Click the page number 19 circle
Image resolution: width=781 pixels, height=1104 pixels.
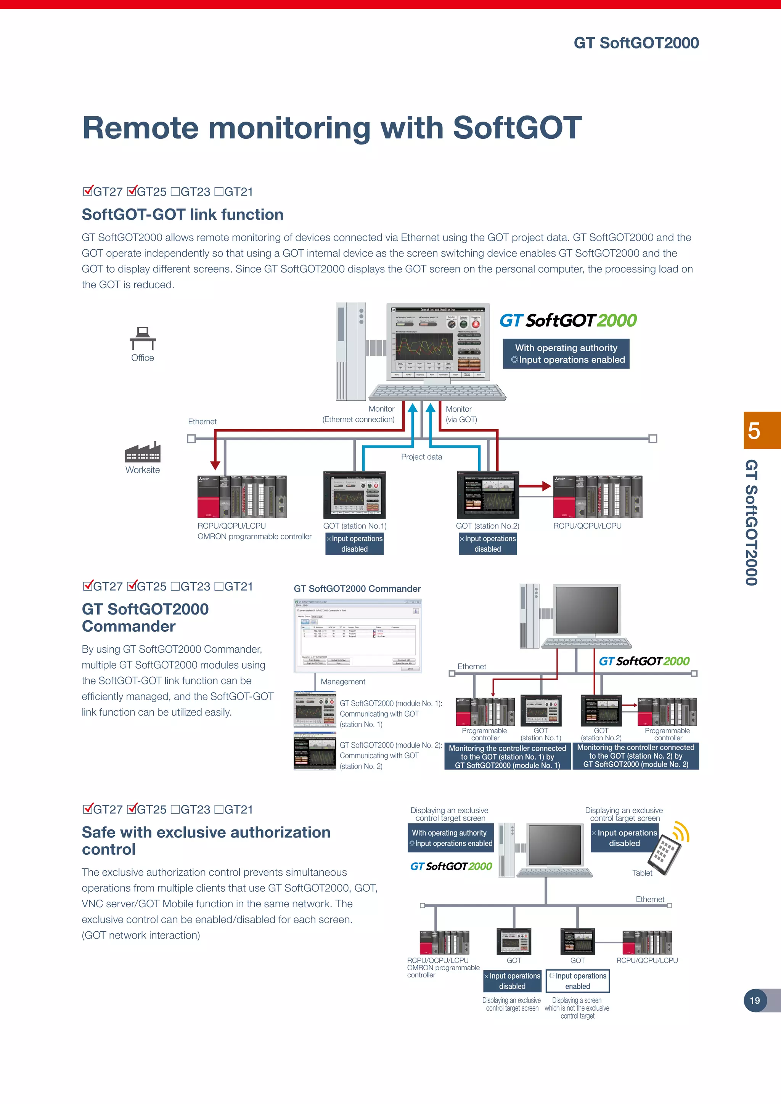(755, 1000)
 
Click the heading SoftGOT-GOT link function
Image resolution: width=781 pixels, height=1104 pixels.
(182, 215)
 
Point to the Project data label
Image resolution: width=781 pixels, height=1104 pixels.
(421, 457)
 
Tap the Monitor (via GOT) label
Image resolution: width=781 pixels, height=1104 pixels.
(461, 414)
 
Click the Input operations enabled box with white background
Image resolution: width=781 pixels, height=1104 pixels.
(578, 981)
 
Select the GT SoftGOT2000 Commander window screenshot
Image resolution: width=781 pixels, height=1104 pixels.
(357, 635)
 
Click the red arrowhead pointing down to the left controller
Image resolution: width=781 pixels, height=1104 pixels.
(215, 465)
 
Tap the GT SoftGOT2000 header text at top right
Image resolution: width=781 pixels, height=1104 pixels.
(636, 43)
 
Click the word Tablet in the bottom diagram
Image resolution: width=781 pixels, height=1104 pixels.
(642, 873)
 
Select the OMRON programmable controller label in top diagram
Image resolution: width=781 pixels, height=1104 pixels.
(254, 537)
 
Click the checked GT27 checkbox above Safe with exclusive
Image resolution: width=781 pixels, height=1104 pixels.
(88, 809)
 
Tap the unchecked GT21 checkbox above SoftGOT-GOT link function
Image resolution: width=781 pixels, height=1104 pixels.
(219, 192)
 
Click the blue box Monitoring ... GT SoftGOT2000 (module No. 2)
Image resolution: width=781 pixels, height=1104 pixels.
(635, 756)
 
